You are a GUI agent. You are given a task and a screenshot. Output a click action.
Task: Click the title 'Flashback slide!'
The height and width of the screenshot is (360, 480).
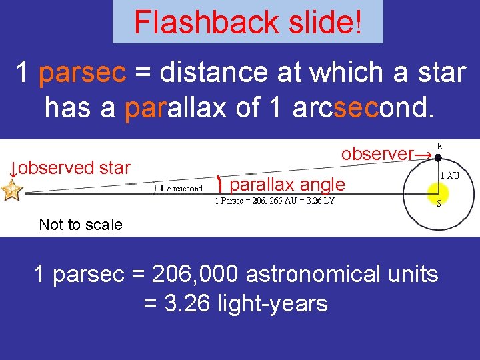coord(247,22)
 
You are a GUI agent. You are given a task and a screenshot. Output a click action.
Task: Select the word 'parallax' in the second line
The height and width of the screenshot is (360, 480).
coord(176,107)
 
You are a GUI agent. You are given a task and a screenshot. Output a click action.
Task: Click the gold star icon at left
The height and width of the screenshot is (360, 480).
coord(12,191)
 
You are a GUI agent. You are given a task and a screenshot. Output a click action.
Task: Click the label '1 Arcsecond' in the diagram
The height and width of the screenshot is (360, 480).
coord(181,189)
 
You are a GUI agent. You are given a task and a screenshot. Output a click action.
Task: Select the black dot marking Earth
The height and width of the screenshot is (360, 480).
coord(437,159)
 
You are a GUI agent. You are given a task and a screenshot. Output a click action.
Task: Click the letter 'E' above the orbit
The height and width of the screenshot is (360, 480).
coord(439,145)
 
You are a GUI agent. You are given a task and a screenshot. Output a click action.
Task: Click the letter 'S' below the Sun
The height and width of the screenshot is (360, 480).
coord(439,204)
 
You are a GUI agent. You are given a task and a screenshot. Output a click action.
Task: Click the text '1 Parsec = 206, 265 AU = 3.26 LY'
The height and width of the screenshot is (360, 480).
coord(274,201)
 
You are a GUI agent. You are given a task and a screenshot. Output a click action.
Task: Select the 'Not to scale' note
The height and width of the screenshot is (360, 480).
coord(81,225)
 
